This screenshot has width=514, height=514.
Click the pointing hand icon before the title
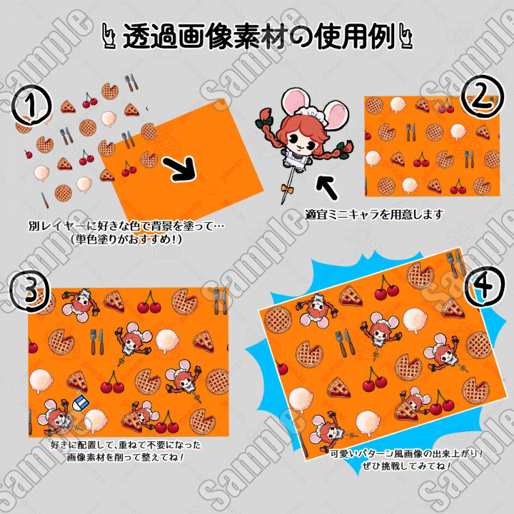pyautogui.click(x=109, y=36)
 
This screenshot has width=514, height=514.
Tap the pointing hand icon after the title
pyautogui.click(x=405, y=36)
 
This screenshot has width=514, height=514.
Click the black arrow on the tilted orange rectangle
pyautogui.click(x=181, y=168)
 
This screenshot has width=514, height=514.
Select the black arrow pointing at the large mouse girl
pyautogui.click(x=327, y=187)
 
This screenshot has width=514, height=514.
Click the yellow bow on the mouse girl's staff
pyautogui.click(x=286, y=188)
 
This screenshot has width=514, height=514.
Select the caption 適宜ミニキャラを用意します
pyautogui.click(x=373, y=215)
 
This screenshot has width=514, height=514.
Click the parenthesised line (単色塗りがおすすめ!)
pyautogui.click(x=126, y=239)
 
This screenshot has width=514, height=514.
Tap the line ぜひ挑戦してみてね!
pyautogui.click(x=407, y=465)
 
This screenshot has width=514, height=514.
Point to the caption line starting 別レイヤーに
pyautogui.click(x=126, y=226)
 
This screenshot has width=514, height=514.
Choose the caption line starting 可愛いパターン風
pyautogui.click(x=406, y=454)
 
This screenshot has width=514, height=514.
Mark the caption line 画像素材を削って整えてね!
pyautogui.click(x=126, y=457)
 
